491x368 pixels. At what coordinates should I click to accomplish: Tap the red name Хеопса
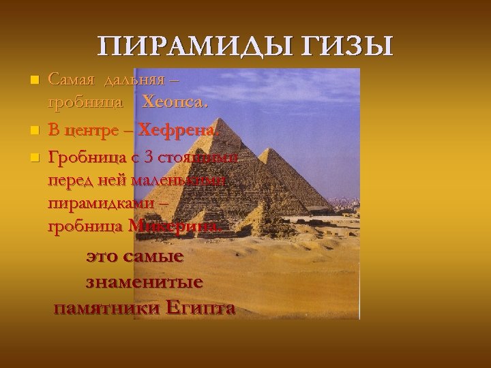pos(175,104)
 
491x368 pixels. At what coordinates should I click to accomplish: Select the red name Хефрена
pos(179,129)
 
